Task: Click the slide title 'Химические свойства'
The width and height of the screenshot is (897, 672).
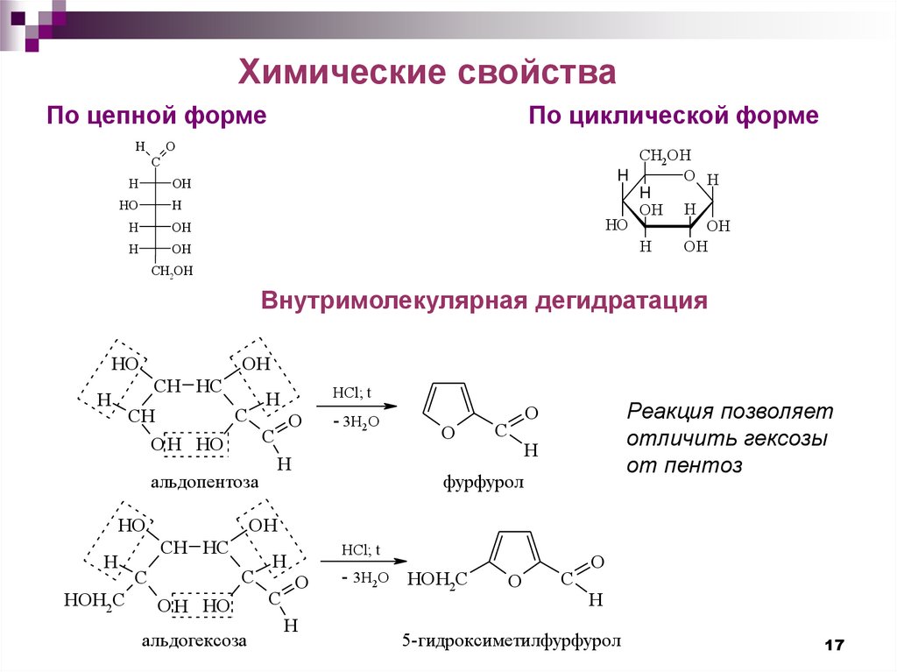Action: coord(428,72)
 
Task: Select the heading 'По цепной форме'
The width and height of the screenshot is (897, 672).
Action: coord(157,116)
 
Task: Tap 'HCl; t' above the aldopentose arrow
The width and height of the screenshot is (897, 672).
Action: coord(351,393)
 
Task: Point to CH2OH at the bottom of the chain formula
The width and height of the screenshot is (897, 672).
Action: coord(171,272)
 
